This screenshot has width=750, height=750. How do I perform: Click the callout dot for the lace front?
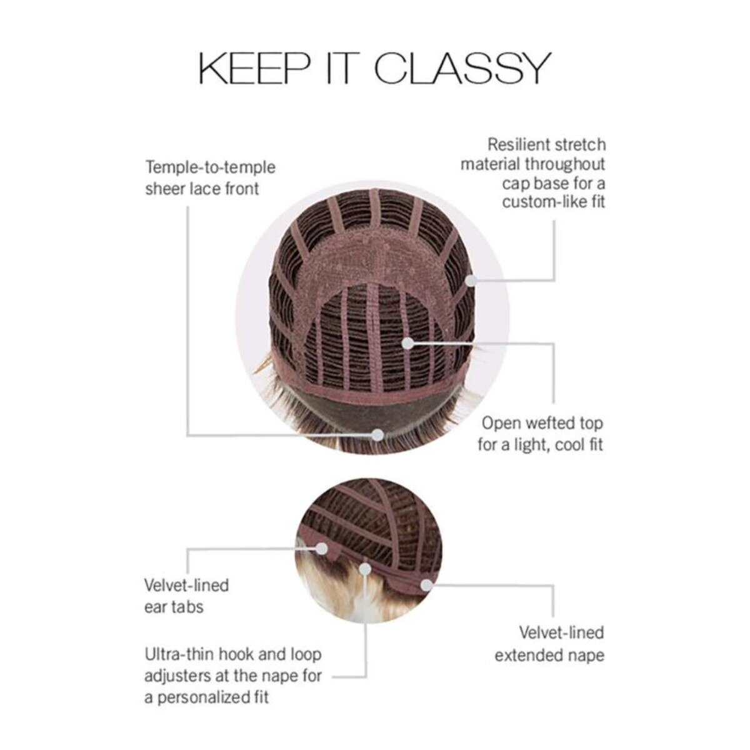click(377, 435)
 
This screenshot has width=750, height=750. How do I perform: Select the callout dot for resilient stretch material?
click(471, 280)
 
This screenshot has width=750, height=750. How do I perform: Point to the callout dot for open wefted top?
click(408, 343)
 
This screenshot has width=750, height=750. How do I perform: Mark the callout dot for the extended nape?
click(427, 596)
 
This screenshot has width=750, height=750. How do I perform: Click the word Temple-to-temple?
click(210, 168)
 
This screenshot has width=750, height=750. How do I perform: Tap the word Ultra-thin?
click(179, 654)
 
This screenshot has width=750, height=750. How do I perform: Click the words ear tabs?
click(174, 606)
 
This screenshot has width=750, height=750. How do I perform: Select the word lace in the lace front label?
click(204, 189)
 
